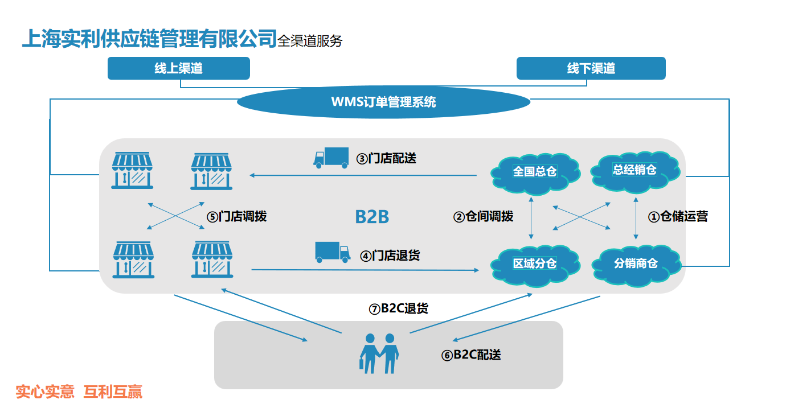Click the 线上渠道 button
click(178, 68)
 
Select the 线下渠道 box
click(591, 68)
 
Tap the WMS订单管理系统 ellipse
click(383, 102)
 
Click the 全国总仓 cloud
click(534, 171)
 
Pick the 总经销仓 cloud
click(634, 169)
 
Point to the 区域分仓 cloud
click(534, 263)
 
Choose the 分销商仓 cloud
click(636, 263)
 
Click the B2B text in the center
click(372, 217)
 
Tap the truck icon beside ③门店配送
click(331, 158)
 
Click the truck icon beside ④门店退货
click(332, 252)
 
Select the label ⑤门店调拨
click(236, 217)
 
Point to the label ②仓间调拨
click(483, 217)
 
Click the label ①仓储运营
click(678, 217)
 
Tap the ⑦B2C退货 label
click(398, 308)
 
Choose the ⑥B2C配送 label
click(471, 355)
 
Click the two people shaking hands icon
click(379, 353)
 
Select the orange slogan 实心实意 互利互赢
click(79, 392)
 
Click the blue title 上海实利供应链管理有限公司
click(149, 39)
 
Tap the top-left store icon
click(133, 170)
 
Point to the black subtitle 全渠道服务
click(310, 41)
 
